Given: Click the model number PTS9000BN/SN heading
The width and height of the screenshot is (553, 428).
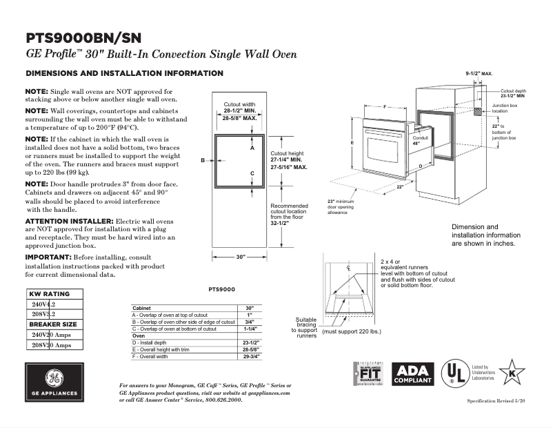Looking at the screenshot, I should coord(84,37).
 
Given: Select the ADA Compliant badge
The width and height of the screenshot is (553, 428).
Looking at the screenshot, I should coord(413,373).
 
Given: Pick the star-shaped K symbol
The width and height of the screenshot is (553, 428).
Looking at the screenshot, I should coord(511,373).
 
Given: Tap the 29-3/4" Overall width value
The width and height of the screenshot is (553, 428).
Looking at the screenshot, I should coord(250,357).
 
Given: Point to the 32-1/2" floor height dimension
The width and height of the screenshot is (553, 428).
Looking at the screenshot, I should coord(280,223).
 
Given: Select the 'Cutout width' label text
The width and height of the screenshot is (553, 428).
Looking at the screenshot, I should coord(239,104).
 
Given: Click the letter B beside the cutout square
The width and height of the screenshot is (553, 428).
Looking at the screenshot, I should coord(203,160).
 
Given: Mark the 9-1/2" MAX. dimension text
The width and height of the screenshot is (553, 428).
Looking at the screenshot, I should coord(479,72).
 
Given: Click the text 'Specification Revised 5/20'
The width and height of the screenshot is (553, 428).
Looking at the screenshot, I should coord(496,401).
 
